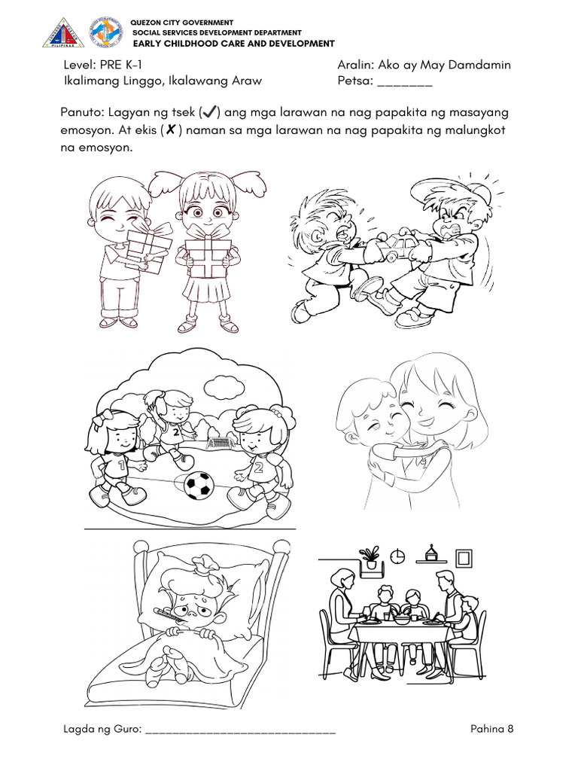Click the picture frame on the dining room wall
pos(464,558)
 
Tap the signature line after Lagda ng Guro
pos(240,730)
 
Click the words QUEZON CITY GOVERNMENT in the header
pos(182,23)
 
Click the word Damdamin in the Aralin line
pos(479,65)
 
